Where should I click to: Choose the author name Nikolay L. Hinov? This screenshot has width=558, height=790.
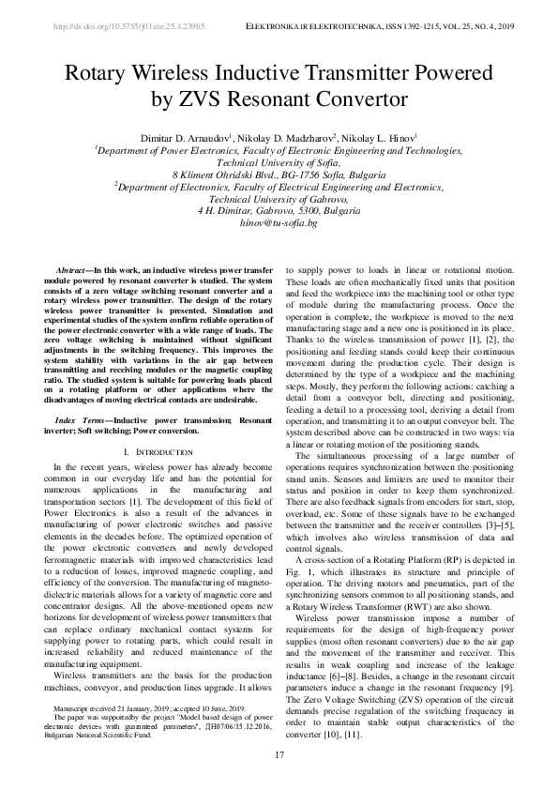pyautogui.click(x=379, y=137)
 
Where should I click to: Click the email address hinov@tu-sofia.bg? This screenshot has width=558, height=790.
pyautogui.click(x=279, y=223)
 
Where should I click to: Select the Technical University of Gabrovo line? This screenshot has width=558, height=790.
pyautogui.click(x=279, y=199)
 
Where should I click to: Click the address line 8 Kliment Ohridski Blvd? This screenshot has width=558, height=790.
pyautogui.click(x=279, y=175)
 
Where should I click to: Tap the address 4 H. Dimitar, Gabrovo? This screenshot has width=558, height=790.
pyautogui.click(x=279, y=211)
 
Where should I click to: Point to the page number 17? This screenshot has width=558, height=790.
pyautogui.click(x=279, y=756)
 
